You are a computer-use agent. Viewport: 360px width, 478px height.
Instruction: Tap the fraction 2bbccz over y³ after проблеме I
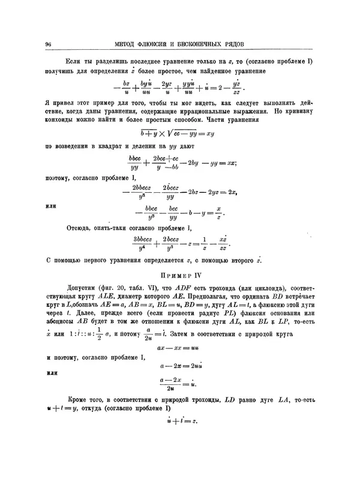pos(142,192)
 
